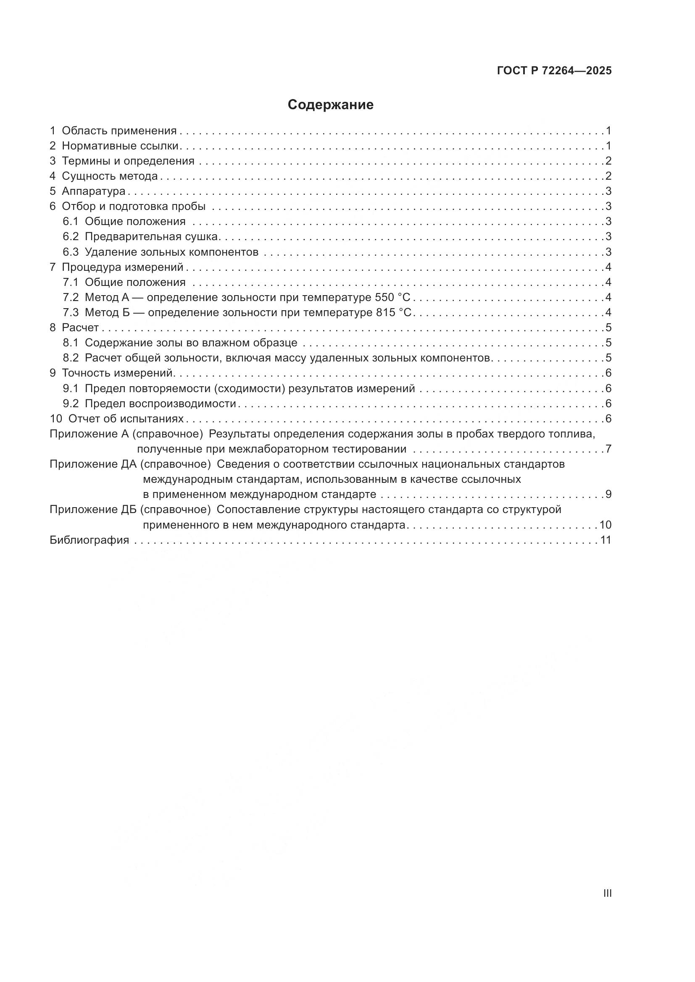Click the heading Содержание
[x=330, y=105]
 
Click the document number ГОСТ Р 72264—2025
[x=554, y=71]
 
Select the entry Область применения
[x=119, y=131]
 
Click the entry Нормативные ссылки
[x=120, y=146]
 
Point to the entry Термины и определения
[x=128, y=161]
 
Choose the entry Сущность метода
[x=110, y=176]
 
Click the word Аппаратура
[x=93, y=191]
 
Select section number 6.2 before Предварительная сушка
[x=71, y=236]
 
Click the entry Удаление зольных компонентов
[x=171, y=252]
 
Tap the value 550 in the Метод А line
[x=384, y=297]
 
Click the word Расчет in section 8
[x=80, y=327]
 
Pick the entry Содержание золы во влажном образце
[x=191, y=343]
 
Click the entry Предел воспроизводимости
[x=160, y=403]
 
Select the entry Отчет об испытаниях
[x=126, y=418]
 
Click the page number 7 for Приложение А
[x=608, y=449]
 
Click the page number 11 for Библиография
[x=605, y=540]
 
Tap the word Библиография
[x=89, y=540]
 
